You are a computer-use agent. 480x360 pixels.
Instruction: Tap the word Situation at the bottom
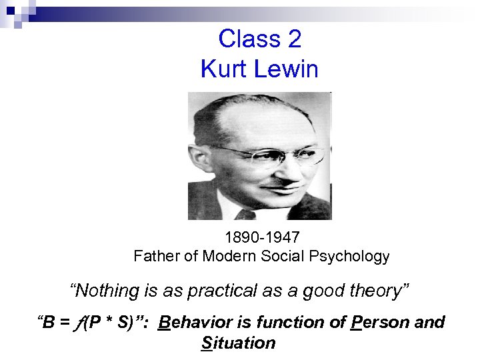[237, 343]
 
